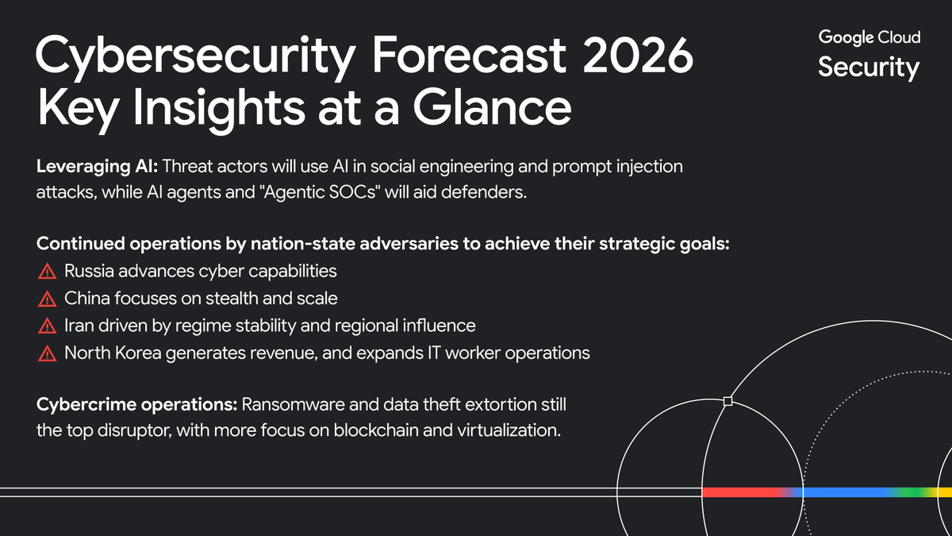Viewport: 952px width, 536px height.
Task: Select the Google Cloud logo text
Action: (x=869, y=37)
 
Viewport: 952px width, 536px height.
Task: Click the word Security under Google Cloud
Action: (x=869, y=67)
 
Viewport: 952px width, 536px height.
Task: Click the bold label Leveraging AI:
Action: (x=97, y=168)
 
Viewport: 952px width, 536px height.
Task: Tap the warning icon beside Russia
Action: (x=47, y=272)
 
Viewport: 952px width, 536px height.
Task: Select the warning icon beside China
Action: (x=47, y=299)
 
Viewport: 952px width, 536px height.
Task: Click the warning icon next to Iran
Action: (x=47, y=326)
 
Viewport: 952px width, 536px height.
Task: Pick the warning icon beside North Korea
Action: (x=47, y=353)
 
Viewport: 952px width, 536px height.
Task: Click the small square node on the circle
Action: (x=728, y=402)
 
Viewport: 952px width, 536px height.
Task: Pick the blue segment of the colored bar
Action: (x=849, y=492)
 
